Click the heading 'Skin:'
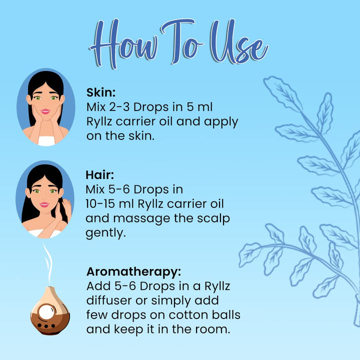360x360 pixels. pyautogui.click(x=101, y=92)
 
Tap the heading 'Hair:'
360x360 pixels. pyautogui.click(x=99, y=175)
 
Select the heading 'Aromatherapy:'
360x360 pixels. pyautogui.click(x=133, y=271)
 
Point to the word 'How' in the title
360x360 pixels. pyautogui.click(x=124, y=43)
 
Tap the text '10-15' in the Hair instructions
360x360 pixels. pyautogui.click(x=100, y=204)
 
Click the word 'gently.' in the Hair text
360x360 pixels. pyautogui.click(x=106, y=233)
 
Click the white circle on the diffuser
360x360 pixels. pyautogui.click(x=46, y=312)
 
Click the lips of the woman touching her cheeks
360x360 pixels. pyautogui.click(x=45, y=111)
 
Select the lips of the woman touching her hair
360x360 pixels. pyautogui.click(x=44, y=204)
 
